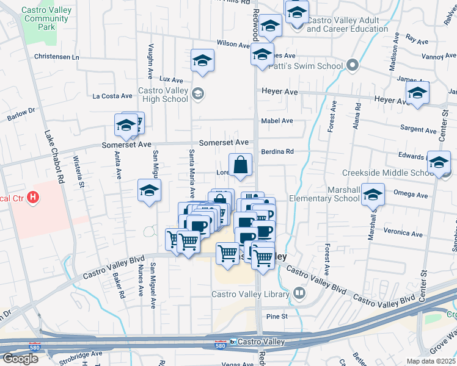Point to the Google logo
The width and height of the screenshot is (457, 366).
coord(20,359)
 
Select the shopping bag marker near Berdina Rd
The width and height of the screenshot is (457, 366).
coord(241,165)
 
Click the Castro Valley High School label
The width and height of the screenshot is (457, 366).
coord(163,95)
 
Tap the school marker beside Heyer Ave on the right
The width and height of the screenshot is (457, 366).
coord(417,93)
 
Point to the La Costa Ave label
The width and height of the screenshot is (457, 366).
coord(112,96)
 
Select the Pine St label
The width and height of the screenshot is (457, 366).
coord(276,317)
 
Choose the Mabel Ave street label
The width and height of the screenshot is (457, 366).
coord(277,121)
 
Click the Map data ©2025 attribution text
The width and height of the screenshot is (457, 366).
coord(431,361)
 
